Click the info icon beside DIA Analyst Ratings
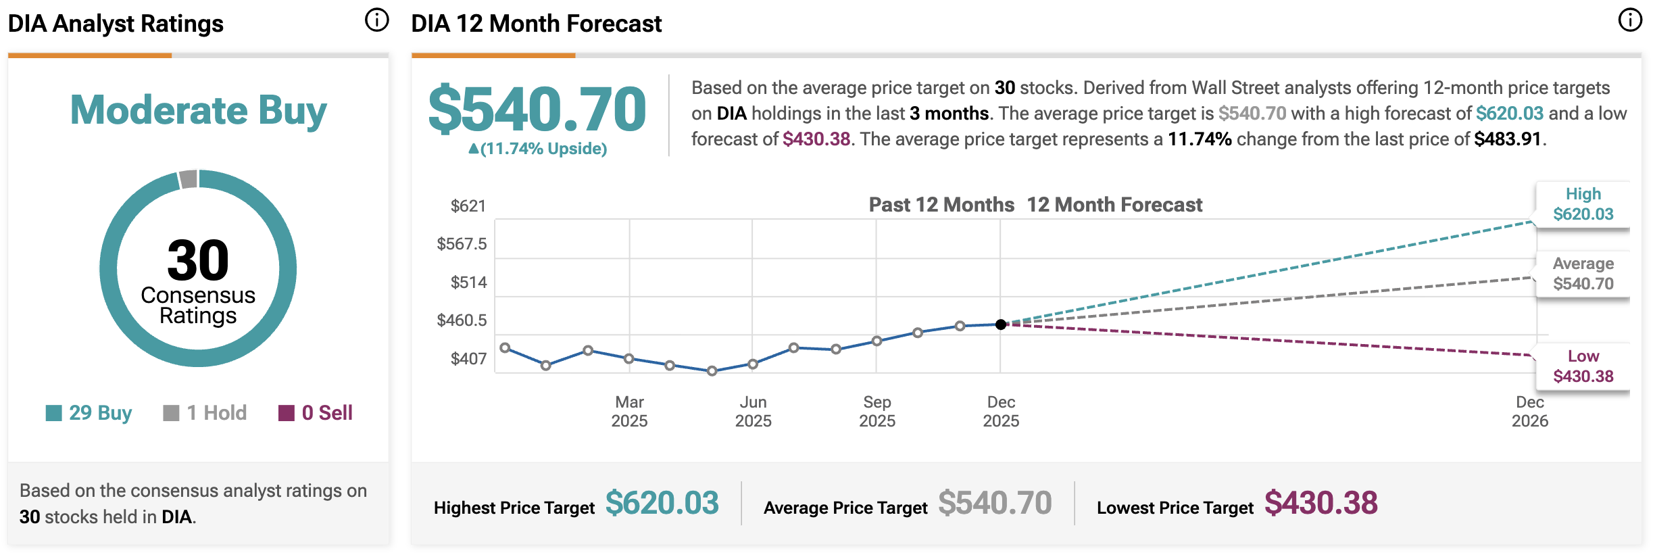[377, 20]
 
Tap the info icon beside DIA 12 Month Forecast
[1629, 20]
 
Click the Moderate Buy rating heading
[198, 110]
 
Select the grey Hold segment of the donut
[189, 179]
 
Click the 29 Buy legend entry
[89, 412]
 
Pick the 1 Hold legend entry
[205, 412]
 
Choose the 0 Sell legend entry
[316, 412]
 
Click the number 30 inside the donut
[198, 260]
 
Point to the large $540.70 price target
[537, 109]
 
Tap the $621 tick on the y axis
[468, 206]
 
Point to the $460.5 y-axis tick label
[462, 320]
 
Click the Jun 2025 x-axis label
[753, 411]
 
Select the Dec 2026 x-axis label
[1529, 411]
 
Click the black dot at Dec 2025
[1001, 324]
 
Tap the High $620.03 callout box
[1583, 204]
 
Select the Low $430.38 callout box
[1583, 366]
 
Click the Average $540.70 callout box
[1583, 274]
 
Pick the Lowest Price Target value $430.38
[1321, 503]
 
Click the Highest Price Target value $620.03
[662, 503]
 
